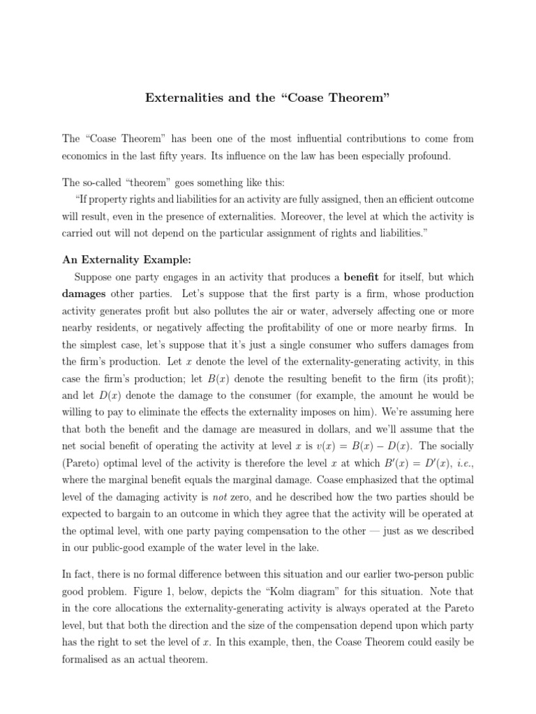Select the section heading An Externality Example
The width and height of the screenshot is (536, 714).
[126, 260]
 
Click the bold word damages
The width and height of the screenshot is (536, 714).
[88, 294]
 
